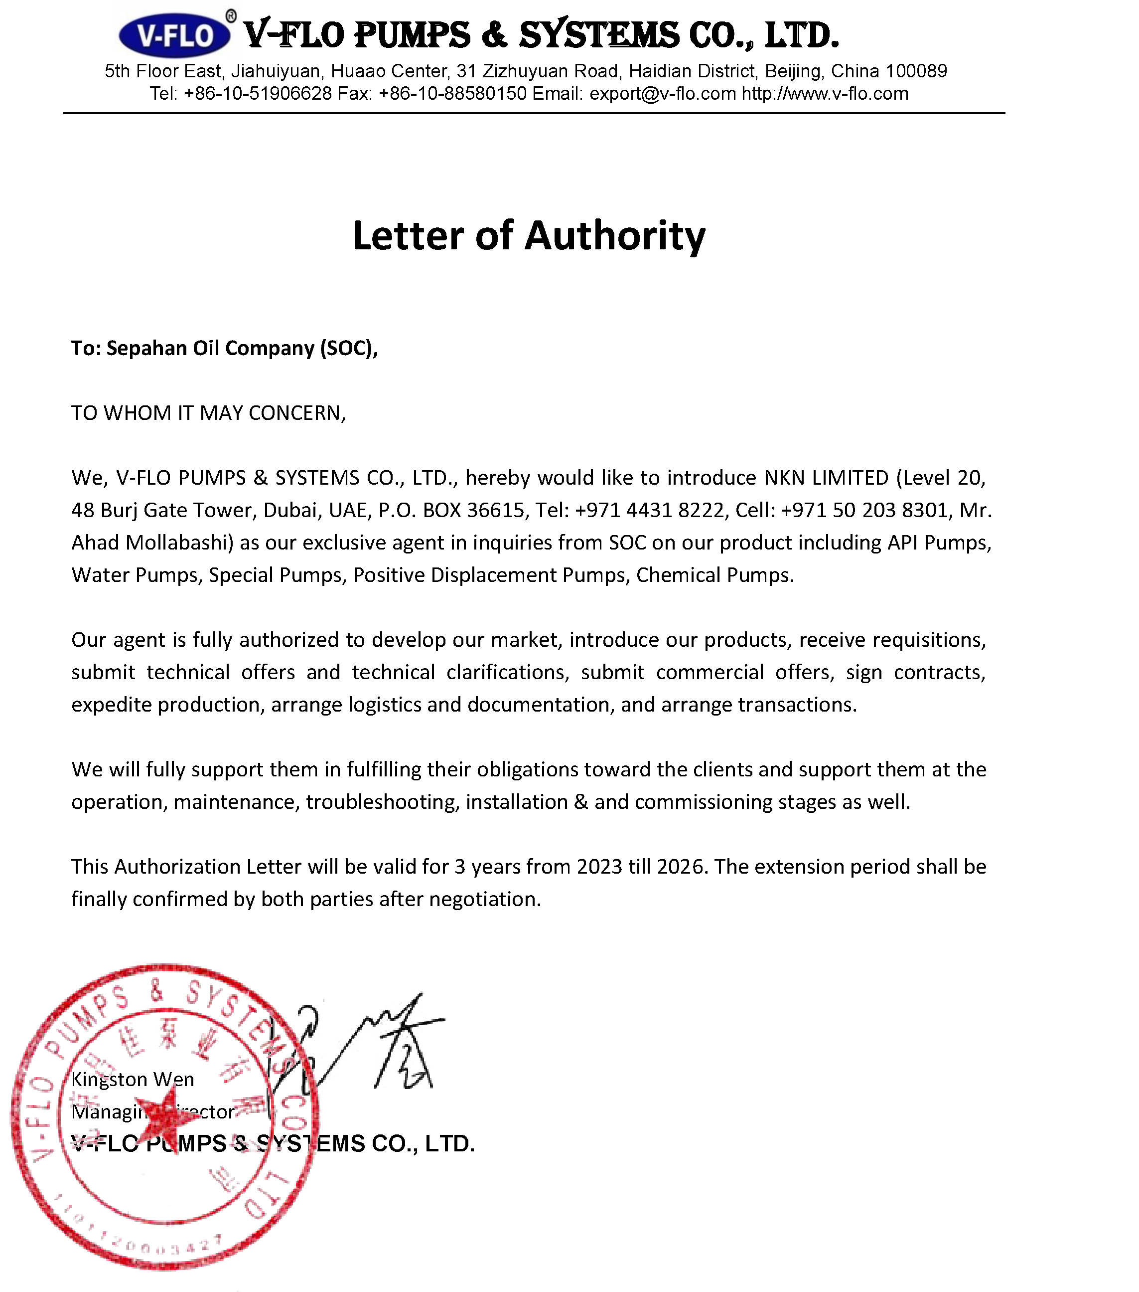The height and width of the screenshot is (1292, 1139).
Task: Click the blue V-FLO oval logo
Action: point(174,35)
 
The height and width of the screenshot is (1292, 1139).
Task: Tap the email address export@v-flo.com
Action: point(663,94)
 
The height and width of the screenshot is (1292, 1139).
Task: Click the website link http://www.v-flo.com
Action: point(825,94)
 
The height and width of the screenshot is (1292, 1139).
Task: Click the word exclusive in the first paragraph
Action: point(346,543)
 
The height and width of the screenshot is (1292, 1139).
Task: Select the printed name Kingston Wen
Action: point(133,1080)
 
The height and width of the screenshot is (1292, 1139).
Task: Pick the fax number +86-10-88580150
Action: point(452,94)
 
